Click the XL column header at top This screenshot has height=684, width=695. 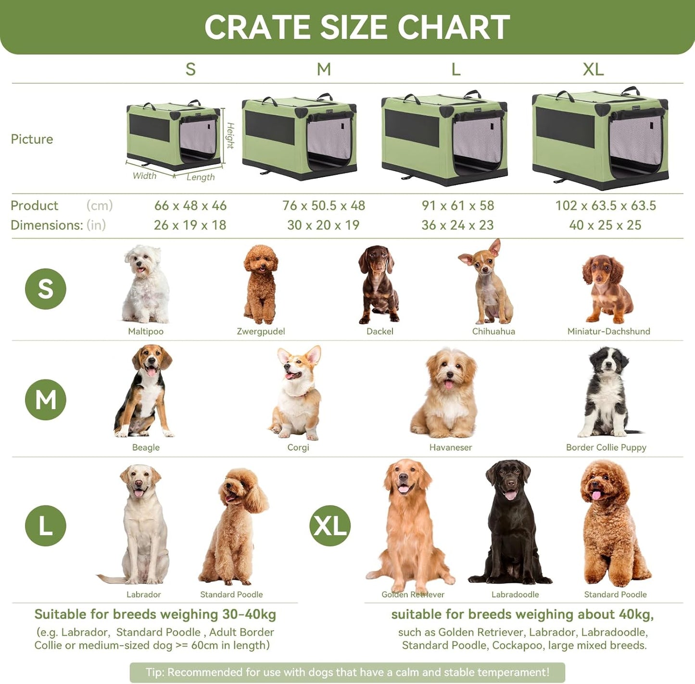[593, 69]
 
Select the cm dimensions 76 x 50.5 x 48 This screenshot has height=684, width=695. [324, 205]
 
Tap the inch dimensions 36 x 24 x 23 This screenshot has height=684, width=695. [457, 225]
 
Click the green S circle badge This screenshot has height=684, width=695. [46, 289]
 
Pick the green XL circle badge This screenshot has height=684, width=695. [330, 525]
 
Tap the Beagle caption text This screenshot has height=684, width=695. [146, 447]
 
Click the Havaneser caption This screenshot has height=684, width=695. [451, 447]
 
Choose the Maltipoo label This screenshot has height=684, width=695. [146, 331]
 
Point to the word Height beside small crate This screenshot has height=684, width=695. [230, 136]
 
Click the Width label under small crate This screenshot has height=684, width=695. [145, 176]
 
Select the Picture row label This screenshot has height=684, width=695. [32, 139]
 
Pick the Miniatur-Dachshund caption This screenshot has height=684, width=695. [608, 331]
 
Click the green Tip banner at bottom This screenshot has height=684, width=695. [347, 672]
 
